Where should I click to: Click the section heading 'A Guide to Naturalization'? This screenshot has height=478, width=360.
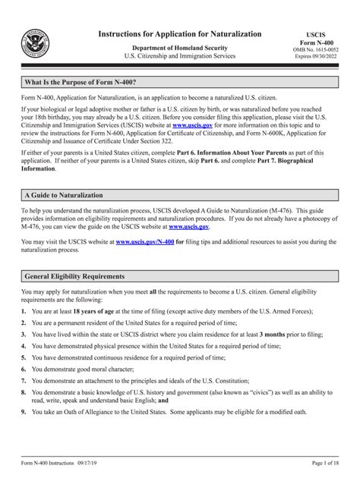tap(65, 195)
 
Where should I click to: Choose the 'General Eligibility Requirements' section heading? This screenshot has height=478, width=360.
tap(75, 276)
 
